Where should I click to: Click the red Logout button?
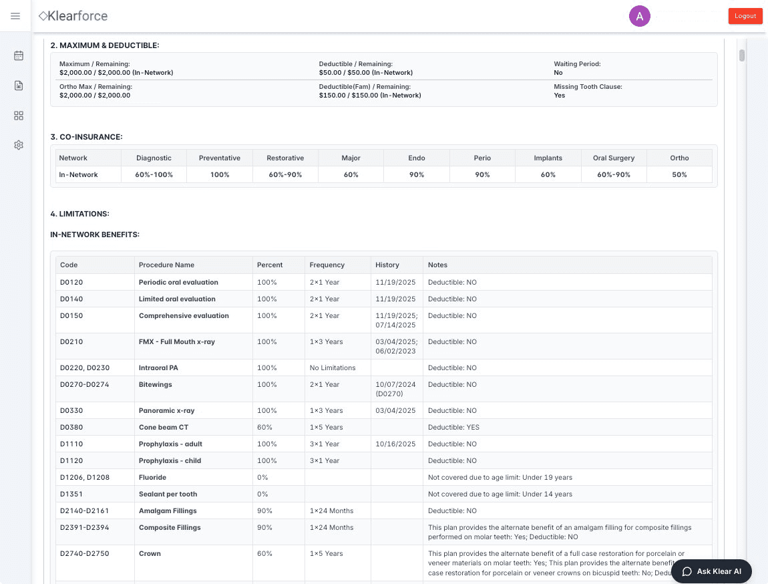pyautogui.click(x=745, y=16)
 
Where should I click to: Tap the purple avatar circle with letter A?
pyautogui.click(x=640, y=17)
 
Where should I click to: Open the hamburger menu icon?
pyautogui.click(x=15, y=16)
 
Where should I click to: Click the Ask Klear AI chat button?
pyautogui.click(x=712, y=571)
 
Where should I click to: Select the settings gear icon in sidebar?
pyautogui.click(x=19, y=145)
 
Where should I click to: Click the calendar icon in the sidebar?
pyautogui.click(x=19, y=55)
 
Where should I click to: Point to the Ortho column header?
pyautogui.click(x=679, y=158)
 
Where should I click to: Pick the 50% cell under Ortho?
pyautogui.click(x=679, y=174)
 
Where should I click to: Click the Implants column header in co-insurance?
pyautogui.click(x=548, y=158)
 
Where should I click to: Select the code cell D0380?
pyautogui.click(x=71, y=427)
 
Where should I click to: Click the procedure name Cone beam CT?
pyautogui.click(x=164, y=427)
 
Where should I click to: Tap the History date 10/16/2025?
pyautogui.click(x=395, y=444)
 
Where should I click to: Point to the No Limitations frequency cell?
pyautogui.click(x=333, y=368)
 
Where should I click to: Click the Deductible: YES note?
pyautogui.click(x=453, y=427)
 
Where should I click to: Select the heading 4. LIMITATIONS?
pyautogui.click(x=79, y=214)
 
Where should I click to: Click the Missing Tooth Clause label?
pyautogui.click(x=588, y=87)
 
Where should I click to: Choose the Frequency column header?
pyautogui.click(x=327, y=265)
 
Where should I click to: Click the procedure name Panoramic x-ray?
pyautogui.click(x=166, y=410)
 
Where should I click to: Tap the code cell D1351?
pyautogui.click(x=71, y=494)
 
